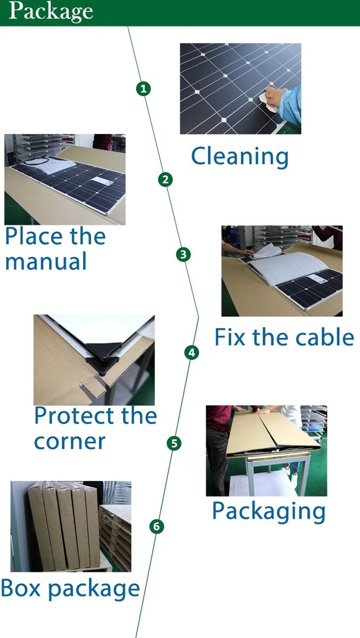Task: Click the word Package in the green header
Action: tap(51, 12)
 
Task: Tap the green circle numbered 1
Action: tap(143, 89)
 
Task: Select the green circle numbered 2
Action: tap(165, 180)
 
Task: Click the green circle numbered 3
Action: tap(183, 254)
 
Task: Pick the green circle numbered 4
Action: tap(191, 352)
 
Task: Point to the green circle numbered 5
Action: tap(174, 443)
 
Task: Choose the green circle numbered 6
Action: tap(157, 526)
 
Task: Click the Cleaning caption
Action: tap(240, 156)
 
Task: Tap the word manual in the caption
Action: tap(46, 261)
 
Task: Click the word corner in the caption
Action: tap(70, 442)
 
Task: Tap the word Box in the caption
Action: tap(21, 587)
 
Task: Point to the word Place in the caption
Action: tap(34, 236)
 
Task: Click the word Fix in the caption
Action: tap(230, 337)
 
